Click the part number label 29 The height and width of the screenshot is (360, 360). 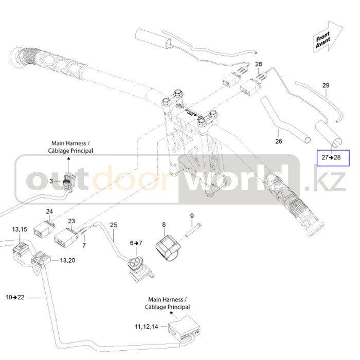pyautogui.click(x=325, y=85)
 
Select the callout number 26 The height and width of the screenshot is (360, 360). pyautogui.click(x=279, y=141)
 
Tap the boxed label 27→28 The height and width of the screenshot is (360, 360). pyautogui.click(x=331, y=157)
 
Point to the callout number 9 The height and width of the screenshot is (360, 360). pyautogui.click(x=192, y=216)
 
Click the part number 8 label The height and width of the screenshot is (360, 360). pyautogui.click(x=164, y=224)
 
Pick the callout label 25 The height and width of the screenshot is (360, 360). pyautogui.click(x=114, y=225)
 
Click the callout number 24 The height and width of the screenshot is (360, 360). pyautogui.click(x=49, y=211)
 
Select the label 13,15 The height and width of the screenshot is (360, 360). pyautogui.click(x=20, y=229)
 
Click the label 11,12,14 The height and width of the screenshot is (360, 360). pyautogui.click(x=147, y=326)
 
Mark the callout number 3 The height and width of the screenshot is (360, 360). pyautogui.click(x=51, y=181)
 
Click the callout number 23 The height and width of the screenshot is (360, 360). pyautogui.click(x=72, y=221)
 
